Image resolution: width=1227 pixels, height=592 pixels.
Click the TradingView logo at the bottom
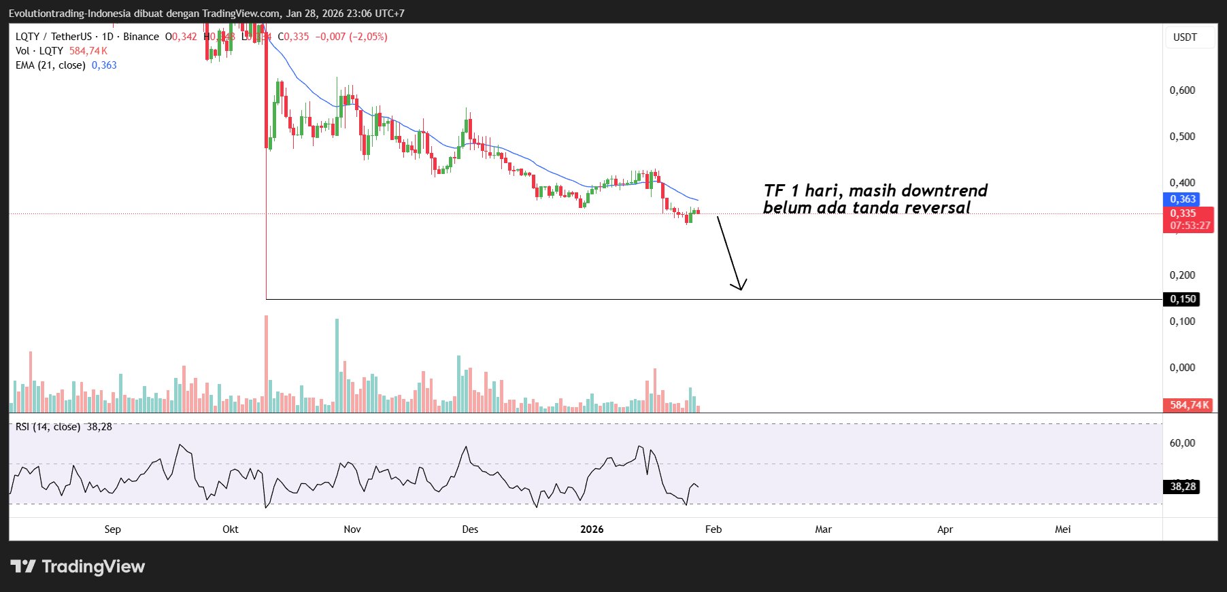coord(78,566)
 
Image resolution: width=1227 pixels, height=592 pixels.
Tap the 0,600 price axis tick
coord(1182,90)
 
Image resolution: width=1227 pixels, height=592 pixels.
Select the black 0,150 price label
coord(1182,299)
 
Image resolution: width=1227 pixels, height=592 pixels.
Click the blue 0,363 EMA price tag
coord(1182,199)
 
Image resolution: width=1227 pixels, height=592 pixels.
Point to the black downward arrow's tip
coord(740,290)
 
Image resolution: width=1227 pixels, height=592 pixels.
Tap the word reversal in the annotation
coord(937,208)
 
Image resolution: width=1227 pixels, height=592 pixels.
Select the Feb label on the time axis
coord(713,529)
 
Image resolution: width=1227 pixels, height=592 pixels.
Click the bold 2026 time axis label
coord(592,529)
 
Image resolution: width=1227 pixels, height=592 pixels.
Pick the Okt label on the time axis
coord(231,529)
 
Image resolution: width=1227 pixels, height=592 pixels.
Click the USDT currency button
coord(1185,37)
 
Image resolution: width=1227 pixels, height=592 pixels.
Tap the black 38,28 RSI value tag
coord(1183,487)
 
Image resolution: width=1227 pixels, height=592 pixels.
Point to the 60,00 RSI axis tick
coord(1182,443)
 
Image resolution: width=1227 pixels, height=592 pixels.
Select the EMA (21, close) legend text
coord(50,65)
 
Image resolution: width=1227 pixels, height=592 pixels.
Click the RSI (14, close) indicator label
coord(48,427)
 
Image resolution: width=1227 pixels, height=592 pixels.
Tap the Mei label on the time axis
coord(1062,529)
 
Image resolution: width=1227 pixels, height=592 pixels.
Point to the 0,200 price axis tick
coord(1182,275)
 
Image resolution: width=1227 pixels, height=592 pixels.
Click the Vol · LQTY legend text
coord(39,51)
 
